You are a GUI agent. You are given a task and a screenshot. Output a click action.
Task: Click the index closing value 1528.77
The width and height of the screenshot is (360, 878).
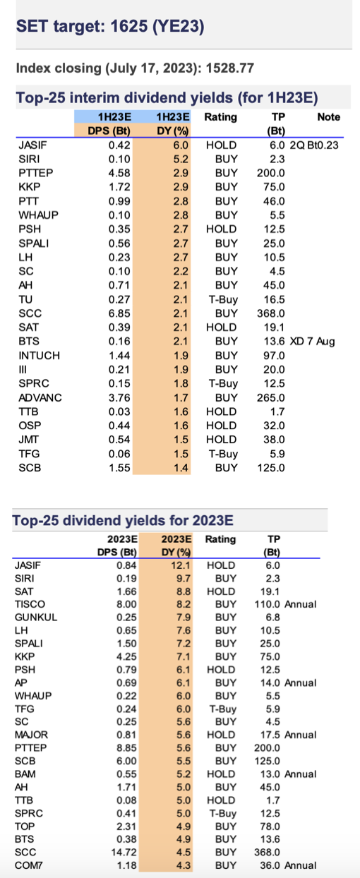230,68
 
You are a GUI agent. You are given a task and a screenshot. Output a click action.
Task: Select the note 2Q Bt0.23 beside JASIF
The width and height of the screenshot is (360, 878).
314,145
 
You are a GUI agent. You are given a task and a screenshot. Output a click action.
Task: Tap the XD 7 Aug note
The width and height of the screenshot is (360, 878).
312,341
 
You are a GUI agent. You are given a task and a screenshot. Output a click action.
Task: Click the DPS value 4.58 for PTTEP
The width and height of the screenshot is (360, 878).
119,173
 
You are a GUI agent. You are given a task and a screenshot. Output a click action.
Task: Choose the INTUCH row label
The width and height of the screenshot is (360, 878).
40,356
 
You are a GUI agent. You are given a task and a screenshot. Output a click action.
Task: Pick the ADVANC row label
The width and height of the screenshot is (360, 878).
40,397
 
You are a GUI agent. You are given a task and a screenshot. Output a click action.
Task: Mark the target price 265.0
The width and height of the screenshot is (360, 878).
270,397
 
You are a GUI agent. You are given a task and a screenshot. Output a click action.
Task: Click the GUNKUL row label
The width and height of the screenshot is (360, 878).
36,618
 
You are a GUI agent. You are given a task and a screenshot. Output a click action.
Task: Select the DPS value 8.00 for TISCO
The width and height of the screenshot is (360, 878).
126,604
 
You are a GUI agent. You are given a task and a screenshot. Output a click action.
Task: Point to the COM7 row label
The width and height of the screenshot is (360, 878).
28,865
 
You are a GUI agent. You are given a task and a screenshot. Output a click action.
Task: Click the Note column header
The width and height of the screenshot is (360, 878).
329,116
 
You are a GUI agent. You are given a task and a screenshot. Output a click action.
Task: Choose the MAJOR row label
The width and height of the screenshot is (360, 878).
31,735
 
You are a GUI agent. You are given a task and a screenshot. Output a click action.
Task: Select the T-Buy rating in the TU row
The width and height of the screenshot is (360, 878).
223,299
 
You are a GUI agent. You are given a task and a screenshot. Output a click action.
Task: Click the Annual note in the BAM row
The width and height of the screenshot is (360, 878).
301,774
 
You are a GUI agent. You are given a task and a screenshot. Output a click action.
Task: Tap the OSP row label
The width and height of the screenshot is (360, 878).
30,426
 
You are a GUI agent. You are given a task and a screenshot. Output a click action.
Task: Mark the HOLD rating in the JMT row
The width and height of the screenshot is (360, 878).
221,440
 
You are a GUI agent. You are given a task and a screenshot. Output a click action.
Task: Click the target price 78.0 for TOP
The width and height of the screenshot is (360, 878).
270,826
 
